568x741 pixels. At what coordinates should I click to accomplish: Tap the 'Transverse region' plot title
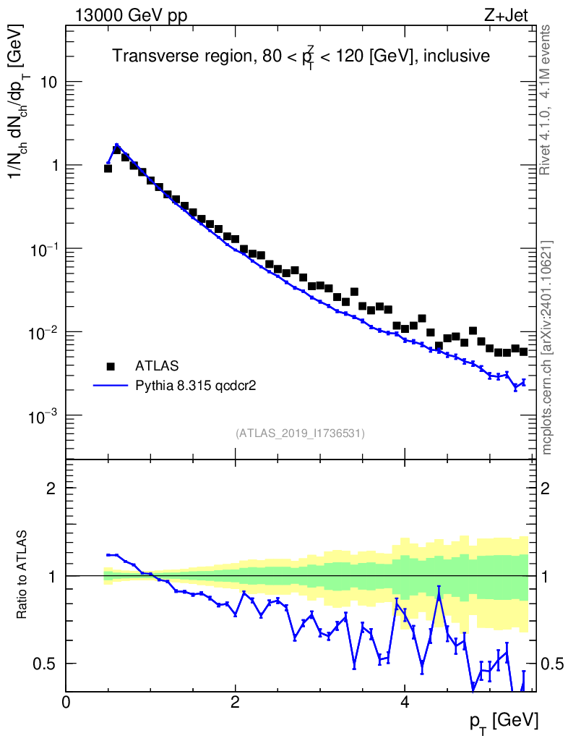pyautogui.click(x=301, y=56)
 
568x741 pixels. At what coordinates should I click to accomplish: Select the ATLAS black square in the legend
pyautogui.click(x=111, y=365)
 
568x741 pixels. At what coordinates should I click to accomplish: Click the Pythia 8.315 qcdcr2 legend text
pyautogui.click(x=196, y=386)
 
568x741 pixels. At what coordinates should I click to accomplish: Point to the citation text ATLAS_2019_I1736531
pyautogui.click(x=300, y=433)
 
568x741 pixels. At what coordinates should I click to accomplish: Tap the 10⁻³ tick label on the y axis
pyautogui.click(x=42, y=415)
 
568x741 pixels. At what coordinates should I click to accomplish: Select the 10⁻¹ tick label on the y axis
pyautogui.click(x=42, y=249)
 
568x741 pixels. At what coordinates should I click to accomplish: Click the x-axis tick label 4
pyautogui.click(x=405, y=702)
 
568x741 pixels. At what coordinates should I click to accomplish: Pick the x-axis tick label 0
pyautogui.click(x=66, y=702)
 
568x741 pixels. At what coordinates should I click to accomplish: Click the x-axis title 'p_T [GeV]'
pyautogui.click(x=504, y=721)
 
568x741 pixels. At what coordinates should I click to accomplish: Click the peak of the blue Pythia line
pyautogui.click(x=116, y=145)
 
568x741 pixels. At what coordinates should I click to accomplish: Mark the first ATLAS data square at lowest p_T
pyautogui.click(x=108, y=169)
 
